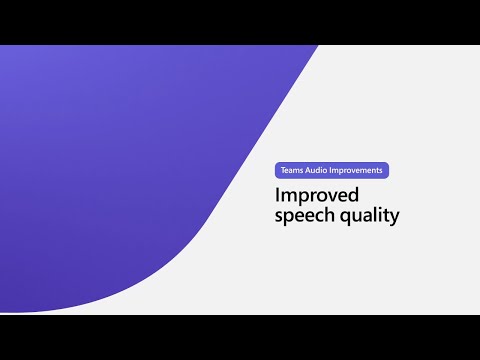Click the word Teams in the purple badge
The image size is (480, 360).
tap(292, 171)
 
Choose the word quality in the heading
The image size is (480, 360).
tap(369, 216)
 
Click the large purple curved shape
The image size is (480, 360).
tap(130, 160)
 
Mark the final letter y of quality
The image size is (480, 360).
tap(395, 217)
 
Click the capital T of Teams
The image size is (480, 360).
tap(283, 171)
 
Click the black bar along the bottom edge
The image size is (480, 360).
tap(240, 337)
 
